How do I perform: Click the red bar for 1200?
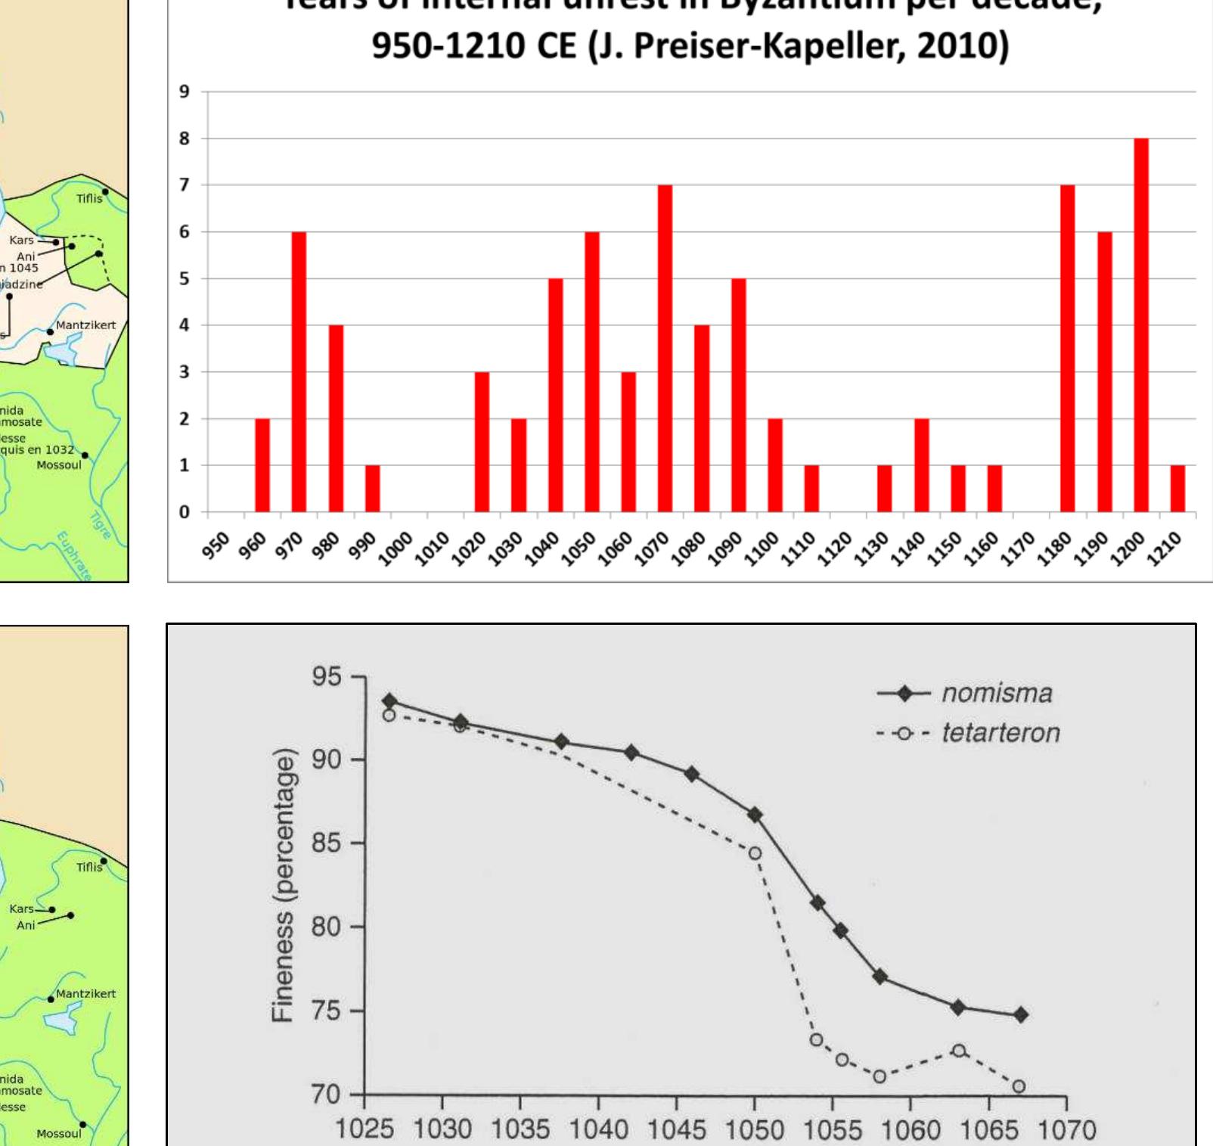click(x=1141, y=325)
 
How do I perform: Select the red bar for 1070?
click(x=665, y=348)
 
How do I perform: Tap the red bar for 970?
click(x=299, y=371)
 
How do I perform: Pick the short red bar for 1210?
click(x=1177, y=489)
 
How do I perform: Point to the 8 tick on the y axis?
click(x=184, y=138)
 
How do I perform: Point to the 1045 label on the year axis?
click(x=677, y=1129)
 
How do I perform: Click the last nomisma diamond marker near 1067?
click(x=1020, y=1014)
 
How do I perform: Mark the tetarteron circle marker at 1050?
click(x=755, y=853)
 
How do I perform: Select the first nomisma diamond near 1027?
click(x=389, y=701)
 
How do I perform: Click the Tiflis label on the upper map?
click(x=88, y=198)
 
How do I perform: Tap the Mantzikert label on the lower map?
click(x=86, y=993)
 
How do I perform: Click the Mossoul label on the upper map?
click(x=59, y=464)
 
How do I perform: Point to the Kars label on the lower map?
click(x=21, y=908)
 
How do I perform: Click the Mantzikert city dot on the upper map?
click(x=51, y=331)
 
